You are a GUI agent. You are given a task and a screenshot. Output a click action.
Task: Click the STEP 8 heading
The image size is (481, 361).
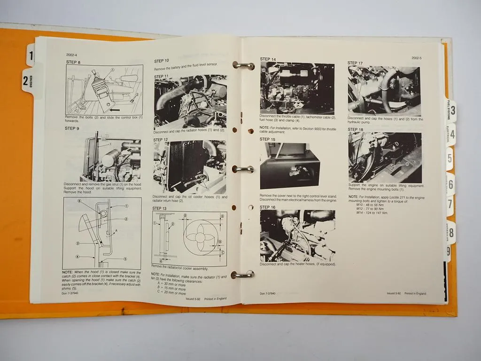pos(73,62)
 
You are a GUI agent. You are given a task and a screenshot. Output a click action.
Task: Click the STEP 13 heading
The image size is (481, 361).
pos(159,208)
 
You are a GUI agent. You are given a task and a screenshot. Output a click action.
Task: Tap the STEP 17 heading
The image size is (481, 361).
pos(355,63)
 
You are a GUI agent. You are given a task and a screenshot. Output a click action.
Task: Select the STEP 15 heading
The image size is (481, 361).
pos(268,140)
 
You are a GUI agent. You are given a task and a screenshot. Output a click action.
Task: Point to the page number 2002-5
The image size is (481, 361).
pos(416,58)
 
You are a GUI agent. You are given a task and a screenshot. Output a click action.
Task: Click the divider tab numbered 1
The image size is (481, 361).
pos(31,56)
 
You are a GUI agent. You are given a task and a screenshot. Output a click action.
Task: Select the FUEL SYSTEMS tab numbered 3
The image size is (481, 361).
pos(451,111)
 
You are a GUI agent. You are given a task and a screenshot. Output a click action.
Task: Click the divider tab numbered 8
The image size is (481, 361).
pos(451,232)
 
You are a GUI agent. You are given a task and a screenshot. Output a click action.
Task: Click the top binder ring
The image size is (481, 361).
pos(243,65)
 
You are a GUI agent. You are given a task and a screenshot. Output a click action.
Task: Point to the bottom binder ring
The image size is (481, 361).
pos(242,274)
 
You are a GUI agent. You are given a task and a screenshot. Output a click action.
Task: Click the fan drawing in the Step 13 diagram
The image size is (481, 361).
pos(199,237)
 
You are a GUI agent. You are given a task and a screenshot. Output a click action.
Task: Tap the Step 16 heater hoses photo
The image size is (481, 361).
pos(297,235)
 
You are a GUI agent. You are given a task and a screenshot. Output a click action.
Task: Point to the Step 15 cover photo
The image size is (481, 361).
pos(290,166)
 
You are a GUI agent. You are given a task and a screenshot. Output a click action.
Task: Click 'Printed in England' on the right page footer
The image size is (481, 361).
pos(415,293)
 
